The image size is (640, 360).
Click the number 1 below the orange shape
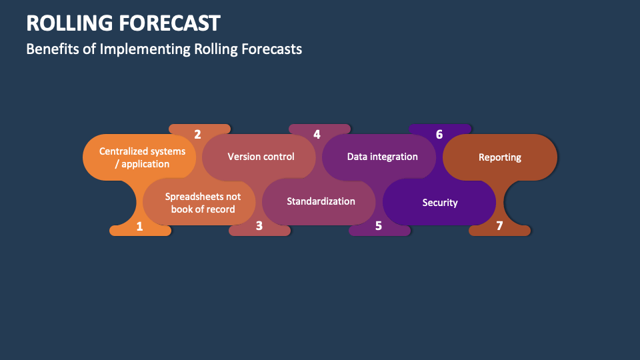pos(139,226)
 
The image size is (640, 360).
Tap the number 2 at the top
pos(197,134)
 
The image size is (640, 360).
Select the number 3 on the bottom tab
pos(259,226)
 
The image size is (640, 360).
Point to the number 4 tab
pos(317,134)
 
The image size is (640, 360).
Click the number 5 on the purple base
pos(378,226)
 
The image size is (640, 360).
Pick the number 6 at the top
pos(439,134)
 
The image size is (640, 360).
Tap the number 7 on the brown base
pos(499,226)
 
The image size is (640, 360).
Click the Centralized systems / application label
pos(142,157)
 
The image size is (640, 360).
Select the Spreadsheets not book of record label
pos(203,203)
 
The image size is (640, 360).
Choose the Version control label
pos(261,157)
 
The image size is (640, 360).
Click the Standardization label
pos(321,201)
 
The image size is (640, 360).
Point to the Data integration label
pos(382,157)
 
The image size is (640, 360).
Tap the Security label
pos(440,202)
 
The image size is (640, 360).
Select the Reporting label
pos(500,157)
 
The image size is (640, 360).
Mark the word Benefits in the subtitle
pos(51,49)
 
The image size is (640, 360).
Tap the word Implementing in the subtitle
pos(145,49)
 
